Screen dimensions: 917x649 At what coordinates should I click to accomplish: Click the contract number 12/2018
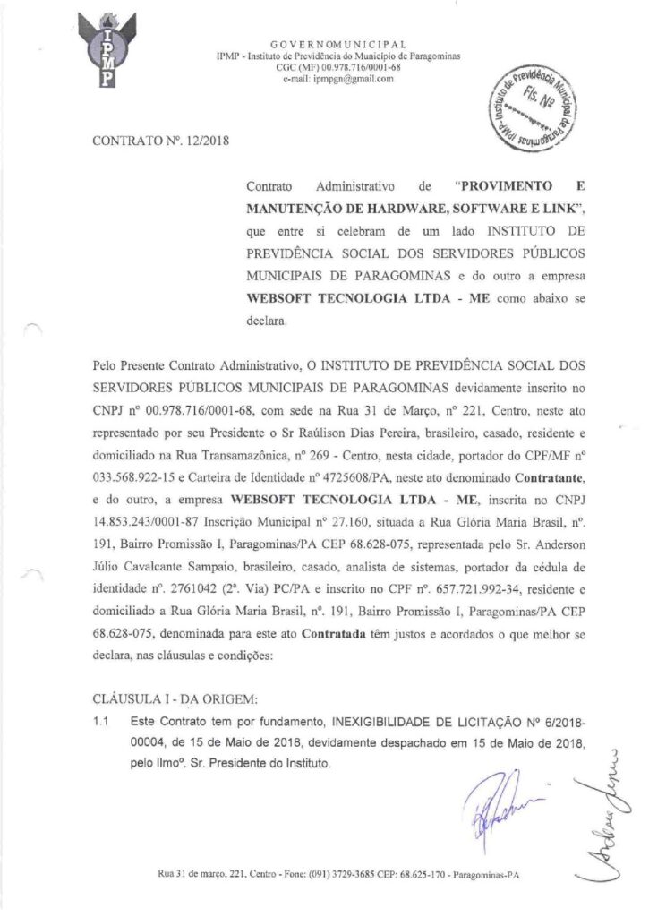pos(210,144)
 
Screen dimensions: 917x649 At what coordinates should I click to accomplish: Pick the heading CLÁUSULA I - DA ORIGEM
pos(173,697)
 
